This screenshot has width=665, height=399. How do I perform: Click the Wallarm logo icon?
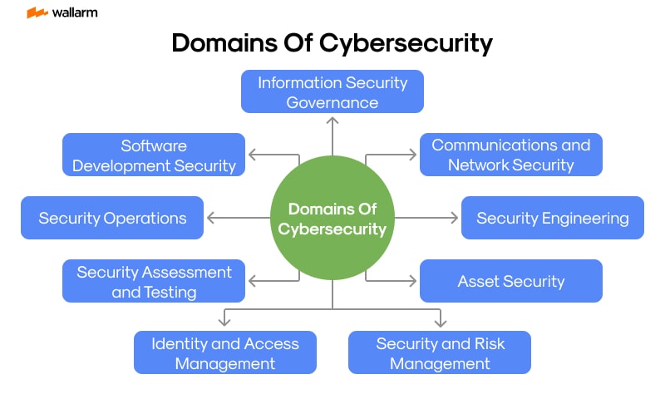pyautogui.click(x=37, y=12)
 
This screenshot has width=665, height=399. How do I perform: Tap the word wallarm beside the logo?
pyautogui.click(x=74, y=12)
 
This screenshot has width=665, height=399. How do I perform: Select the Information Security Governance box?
pyautogui.click(x=332, y=91)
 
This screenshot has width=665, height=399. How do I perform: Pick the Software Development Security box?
pyautogui.click(x=154, y=155)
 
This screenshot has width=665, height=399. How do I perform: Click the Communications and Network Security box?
pyautogui.click(x=510, y=155)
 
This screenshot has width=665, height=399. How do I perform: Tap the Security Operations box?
pyautogui.click(x=112, y=218)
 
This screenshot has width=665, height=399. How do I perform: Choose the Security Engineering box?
pyautogui.click(x=552, y=218)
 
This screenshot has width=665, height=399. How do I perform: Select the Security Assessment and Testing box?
pyautogui.click(x=154, y=281)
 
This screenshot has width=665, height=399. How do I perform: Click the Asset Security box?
pyautogui.click(x=510, y=281)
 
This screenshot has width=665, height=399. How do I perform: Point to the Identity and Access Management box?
pyautogui.click(x=225, y=352)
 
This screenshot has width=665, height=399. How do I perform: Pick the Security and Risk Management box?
pyautogui.click(x=440, y=352)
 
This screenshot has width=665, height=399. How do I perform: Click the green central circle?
pyautogui.click(x=332, y=218)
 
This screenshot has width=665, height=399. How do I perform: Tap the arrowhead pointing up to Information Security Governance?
pyautogui.click(x=332, y=119)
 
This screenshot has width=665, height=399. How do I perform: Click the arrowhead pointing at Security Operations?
pyautogui.click(x=210, y=218)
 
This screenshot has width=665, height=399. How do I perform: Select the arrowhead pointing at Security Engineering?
pyautogui.click(x=454, y=218)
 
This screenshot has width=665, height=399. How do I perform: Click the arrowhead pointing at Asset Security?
pyautogui.click(x=412, y=281)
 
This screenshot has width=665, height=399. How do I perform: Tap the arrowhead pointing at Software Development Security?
pyautogui.click(x=252, y=155)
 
